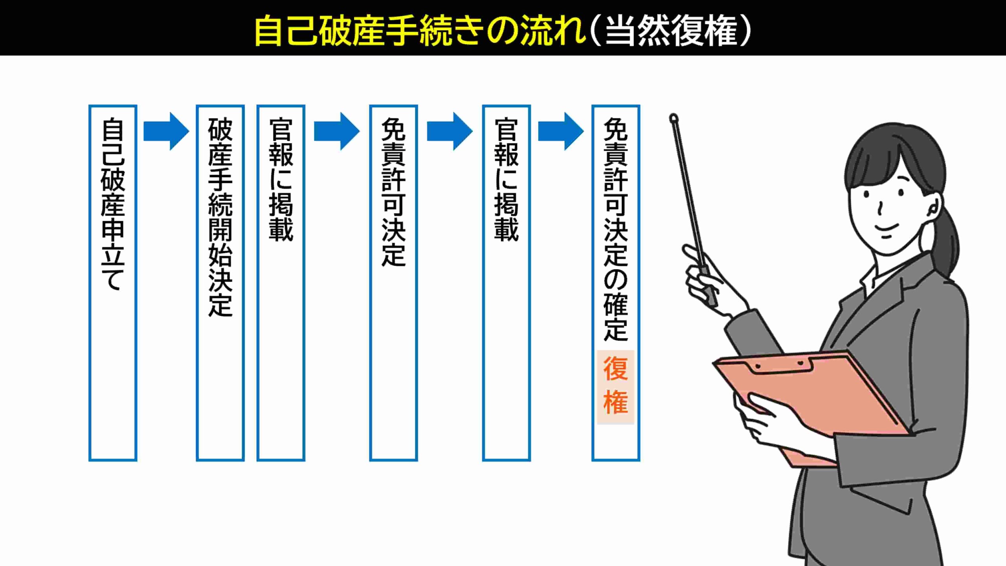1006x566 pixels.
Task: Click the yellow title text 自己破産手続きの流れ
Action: click(419, 31)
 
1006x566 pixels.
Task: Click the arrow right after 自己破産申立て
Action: click(166, 131)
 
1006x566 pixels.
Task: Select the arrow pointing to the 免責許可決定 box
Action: click(336, 131)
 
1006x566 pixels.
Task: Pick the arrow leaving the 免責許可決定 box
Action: click(449, 131)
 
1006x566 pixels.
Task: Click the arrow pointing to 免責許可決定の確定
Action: click(560, 131)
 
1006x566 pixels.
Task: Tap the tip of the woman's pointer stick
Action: click(674, 118)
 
